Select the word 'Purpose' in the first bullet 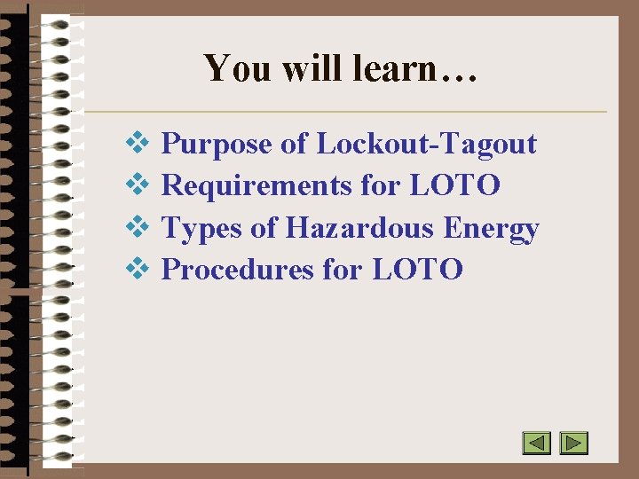coord(217,144)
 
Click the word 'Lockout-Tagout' coord(426,144)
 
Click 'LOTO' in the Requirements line coord(455,185)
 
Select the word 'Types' coord(201,228)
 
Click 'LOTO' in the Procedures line coord(417,269)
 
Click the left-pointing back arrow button coord(536,443)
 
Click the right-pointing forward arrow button coord(574,443)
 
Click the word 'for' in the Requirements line coord(381,185)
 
